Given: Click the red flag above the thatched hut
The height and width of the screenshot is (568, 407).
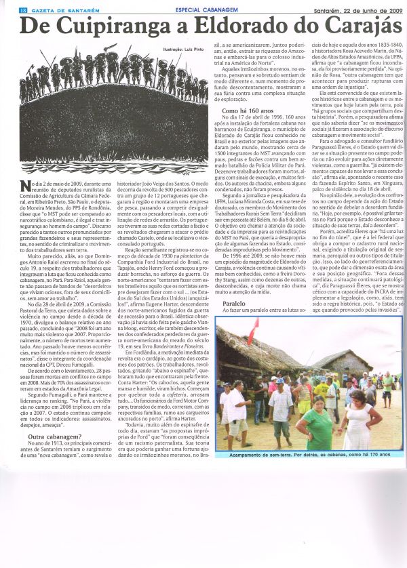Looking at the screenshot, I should pos(254,330).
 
